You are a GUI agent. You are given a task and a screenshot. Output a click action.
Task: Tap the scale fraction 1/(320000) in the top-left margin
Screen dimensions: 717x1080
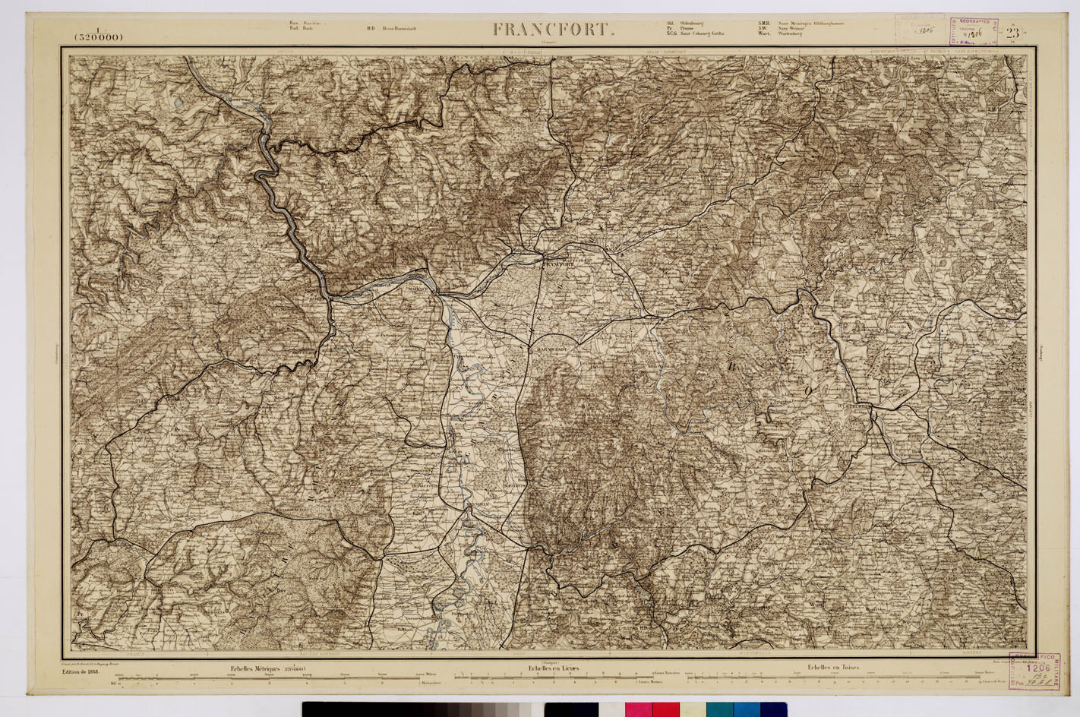99,34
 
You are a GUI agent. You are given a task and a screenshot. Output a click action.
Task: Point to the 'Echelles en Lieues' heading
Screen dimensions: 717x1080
554,668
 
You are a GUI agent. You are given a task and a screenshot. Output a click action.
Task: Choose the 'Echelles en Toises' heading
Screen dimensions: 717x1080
833,668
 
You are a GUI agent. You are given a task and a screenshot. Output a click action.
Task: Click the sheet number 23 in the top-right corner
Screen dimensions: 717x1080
1012,33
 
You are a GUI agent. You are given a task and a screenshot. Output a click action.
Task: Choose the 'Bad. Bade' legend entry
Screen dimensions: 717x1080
302,29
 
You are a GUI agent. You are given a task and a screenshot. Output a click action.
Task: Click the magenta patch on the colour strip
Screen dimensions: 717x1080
638,709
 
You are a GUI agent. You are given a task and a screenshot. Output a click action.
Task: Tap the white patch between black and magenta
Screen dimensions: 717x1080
611,709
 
